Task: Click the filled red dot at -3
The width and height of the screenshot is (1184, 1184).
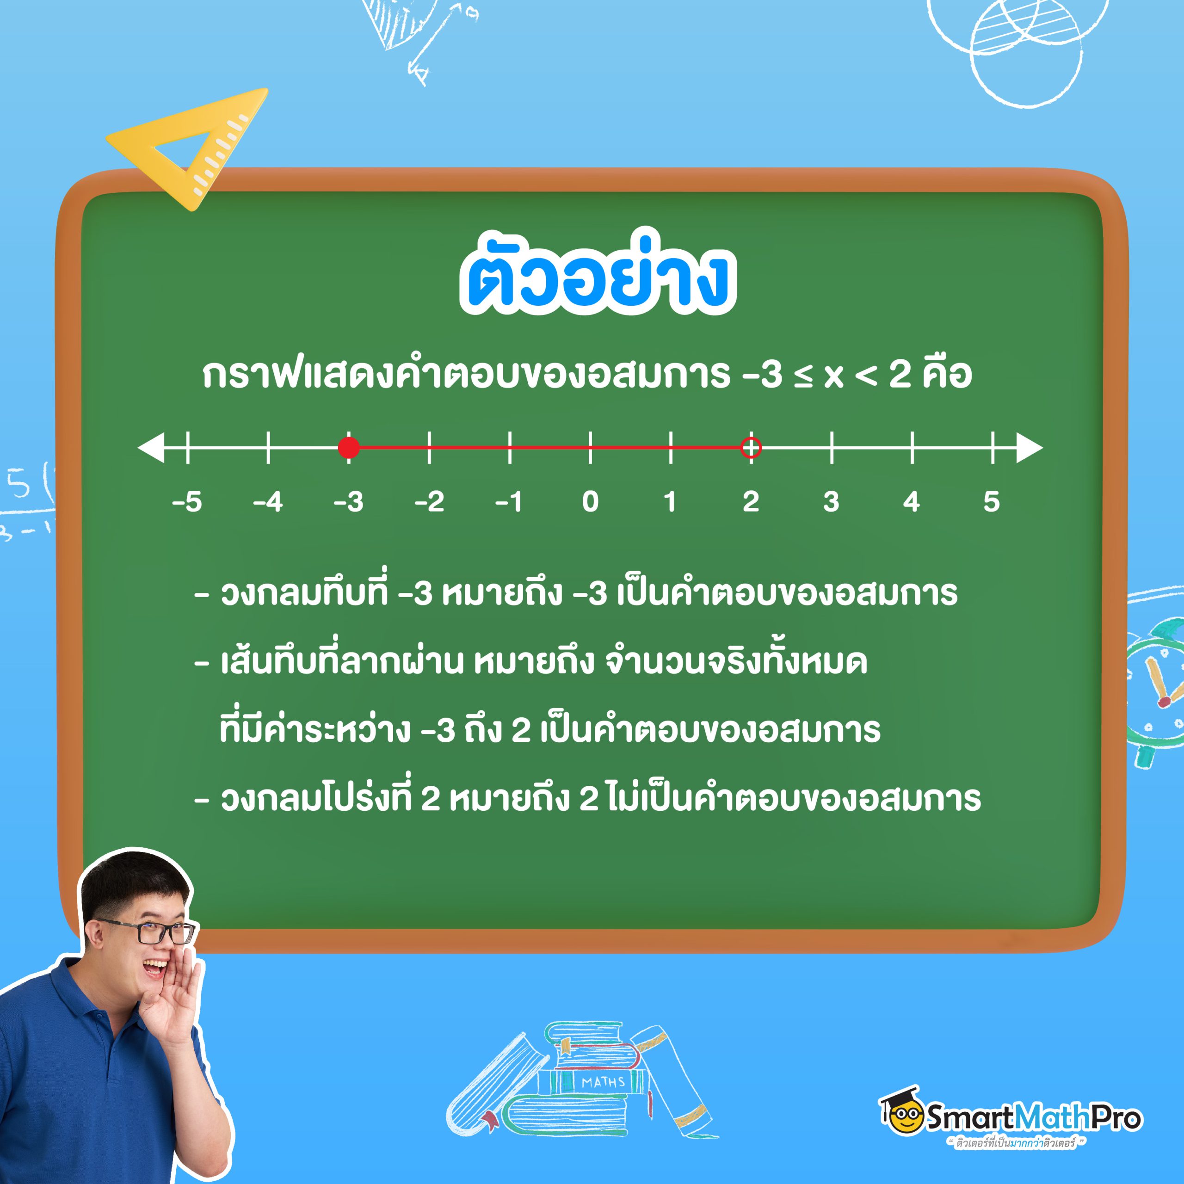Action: [x=349, y=447]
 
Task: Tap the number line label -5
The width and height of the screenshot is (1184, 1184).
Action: [x=187, y=502]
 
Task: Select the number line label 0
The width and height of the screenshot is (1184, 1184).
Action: [x=590, y=502]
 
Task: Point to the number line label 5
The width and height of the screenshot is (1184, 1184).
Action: [x=992, y=502]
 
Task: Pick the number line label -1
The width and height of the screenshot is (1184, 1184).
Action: [x=509, y=502]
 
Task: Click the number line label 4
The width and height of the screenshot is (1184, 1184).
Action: [x=911, y=502]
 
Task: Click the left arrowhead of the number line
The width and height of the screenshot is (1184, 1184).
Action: [x=151, y=447]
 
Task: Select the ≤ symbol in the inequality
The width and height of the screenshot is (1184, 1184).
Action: [x=803, y=375]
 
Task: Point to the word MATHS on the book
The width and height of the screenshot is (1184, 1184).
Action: [x=603, y=1082]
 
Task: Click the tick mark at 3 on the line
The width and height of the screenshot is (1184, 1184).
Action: [x=832, y=447]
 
